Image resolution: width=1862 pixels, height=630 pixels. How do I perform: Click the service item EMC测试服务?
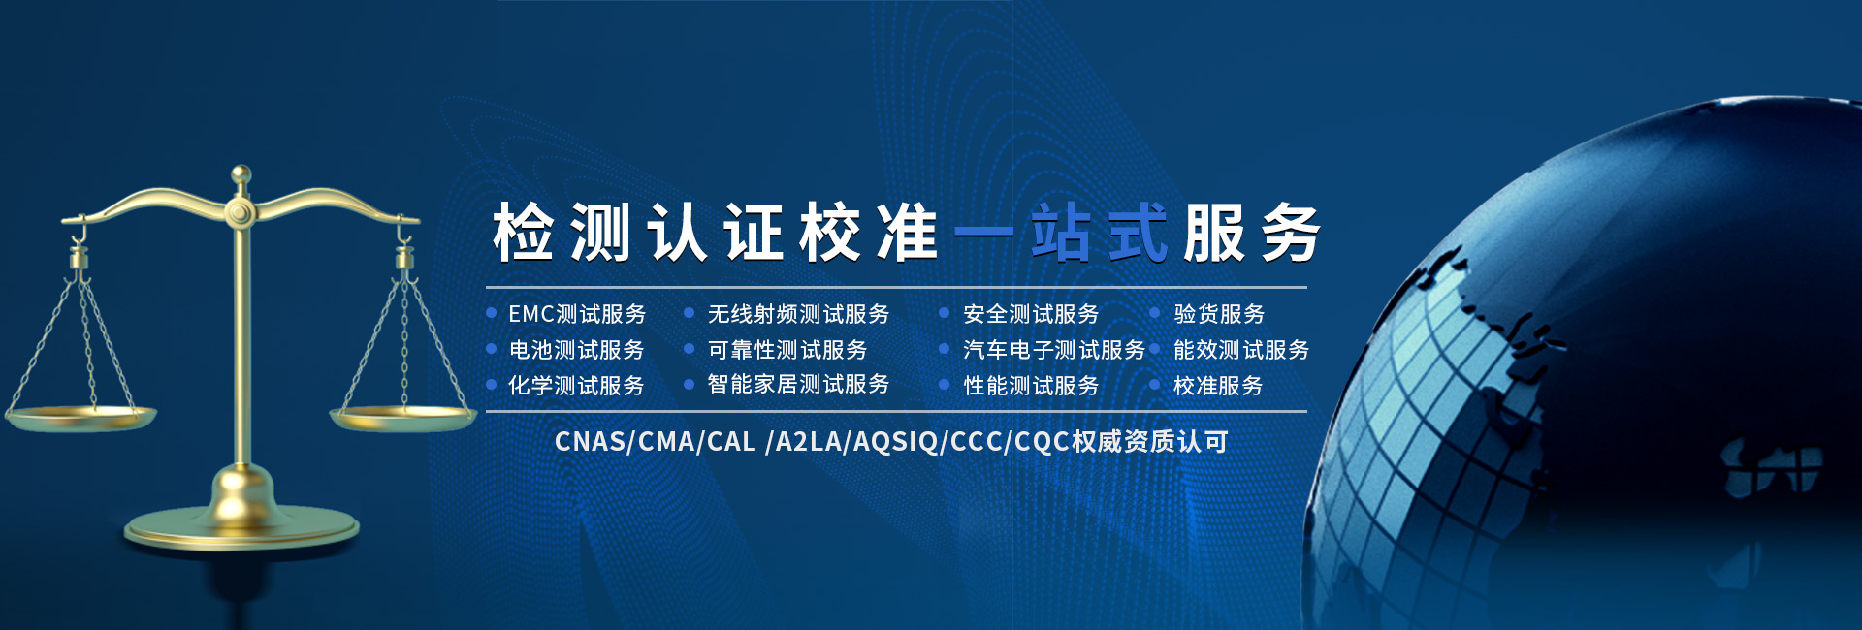(x=577, y=314)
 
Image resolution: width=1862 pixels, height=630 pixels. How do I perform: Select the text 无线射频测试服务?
(x=798, y=314)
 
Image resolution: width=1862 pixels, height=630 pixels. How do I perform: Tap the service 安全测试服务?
(x=1031, y=314)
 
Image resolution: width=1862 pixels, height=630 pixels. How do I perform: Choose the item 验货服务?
(x=1219, y=314)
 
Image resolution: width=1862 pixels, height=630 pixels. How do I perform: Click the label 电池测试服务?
(x=577, y=350)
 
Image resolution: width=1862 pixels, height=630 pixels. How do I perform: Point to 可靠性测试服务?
(x=787, y=350)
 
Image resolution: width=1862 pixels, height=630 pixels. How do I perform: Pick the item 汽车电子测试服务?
(x=1054, y=350)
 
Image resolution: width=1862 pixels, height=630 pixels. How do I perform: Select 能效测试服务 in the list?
(x=1241, y=350)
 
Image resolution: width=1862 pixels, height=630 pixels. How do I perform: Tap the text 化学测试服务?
(x=577, y=386)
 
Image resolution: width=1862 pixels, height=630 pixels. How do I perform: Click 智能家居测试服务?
(x=798, y=385)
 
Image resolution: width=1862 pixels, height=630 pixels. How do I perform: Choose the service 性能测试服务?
(x=1031, y=386)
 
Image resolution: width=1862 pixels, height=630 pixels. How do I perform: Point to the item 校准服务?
(x=1218, y=386)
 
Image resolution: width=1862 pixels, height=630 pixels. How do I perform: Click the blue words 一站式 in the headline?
(x=1061, y=234)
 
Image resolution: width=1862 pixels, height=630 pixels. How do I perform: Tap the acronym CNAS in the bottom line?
(x=591, y=442)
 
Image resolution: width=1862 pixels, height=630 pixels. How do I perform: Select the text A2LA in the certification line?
(x=809, y=442)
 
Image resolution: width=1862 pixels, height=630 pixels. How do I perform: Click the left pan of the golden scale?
(x=80, y=418)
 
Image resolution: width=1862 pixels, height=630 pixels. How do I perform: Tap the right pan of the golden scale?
(x=403, y=418)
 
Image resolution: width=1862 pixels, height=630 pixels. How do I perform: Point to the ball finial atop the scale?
(x=241, y=175)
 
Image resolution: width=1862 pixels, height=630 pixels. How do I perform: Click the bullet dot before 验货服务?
(x=1155, y=313)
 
